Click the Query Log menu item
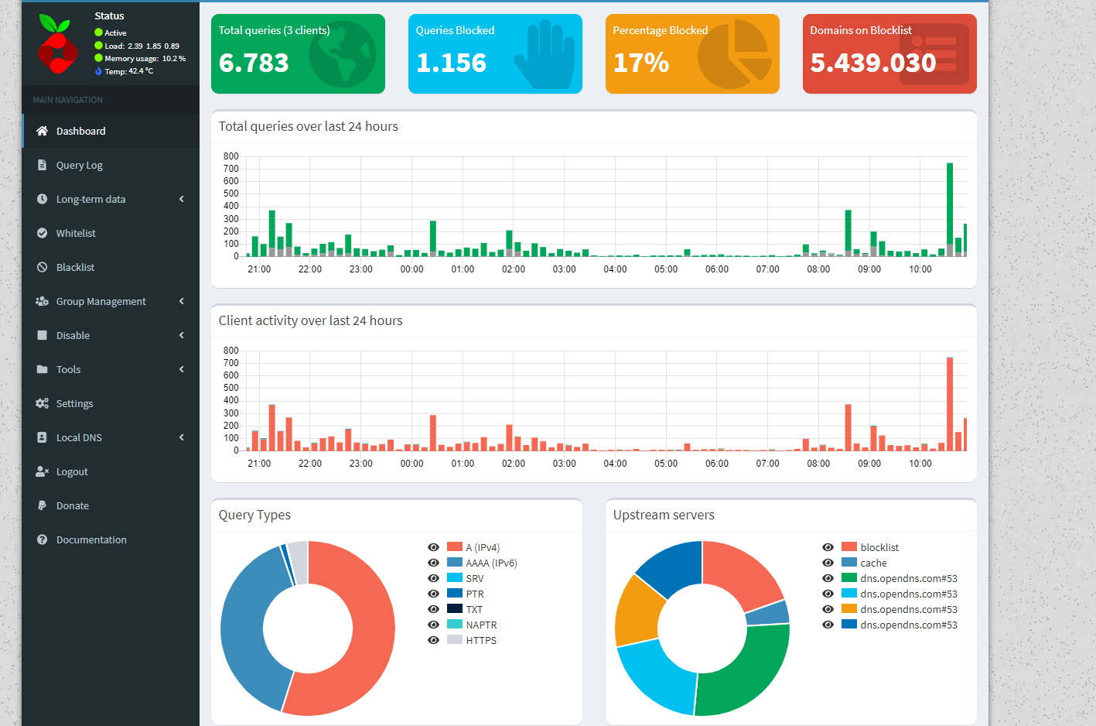pyautogui.click(x=79, y=165)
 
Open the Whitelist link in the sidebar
pyautogui.click(x=76, y=233)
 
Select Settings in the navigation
pyautogui.click(x=74, y=403)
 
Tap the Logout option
pyautogui.click(x=72, y=471)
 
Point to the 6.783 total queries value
pyautogui.click(x=254, y=63)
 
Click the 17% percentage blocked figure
pyautogui.click(x=640, y=63)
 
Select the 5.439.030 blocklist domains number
pyautogui.click(x=872, y=63)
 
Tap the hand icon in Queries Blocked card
pyautogui.click(x=547, y=54)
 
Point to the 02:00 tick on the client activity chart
pyautogui.click(x=514, y=463)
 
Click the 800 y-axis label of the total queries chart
pyautogui.click(x=230, y=156)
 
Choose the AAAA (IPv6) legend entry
pyautogui.click(x=491, y=563)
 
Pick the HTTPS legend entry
pyautogui.click(x=481, y=640)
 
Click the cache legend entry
pyautogui.click(x=873, y=563)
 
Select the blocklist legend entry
pyautogui.click(x=879, y=547)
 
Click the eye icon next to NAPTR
pyautogui.click(x=434, y=625)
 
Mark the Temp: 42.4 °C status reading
pyautogui.click(x=128, y=71)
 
